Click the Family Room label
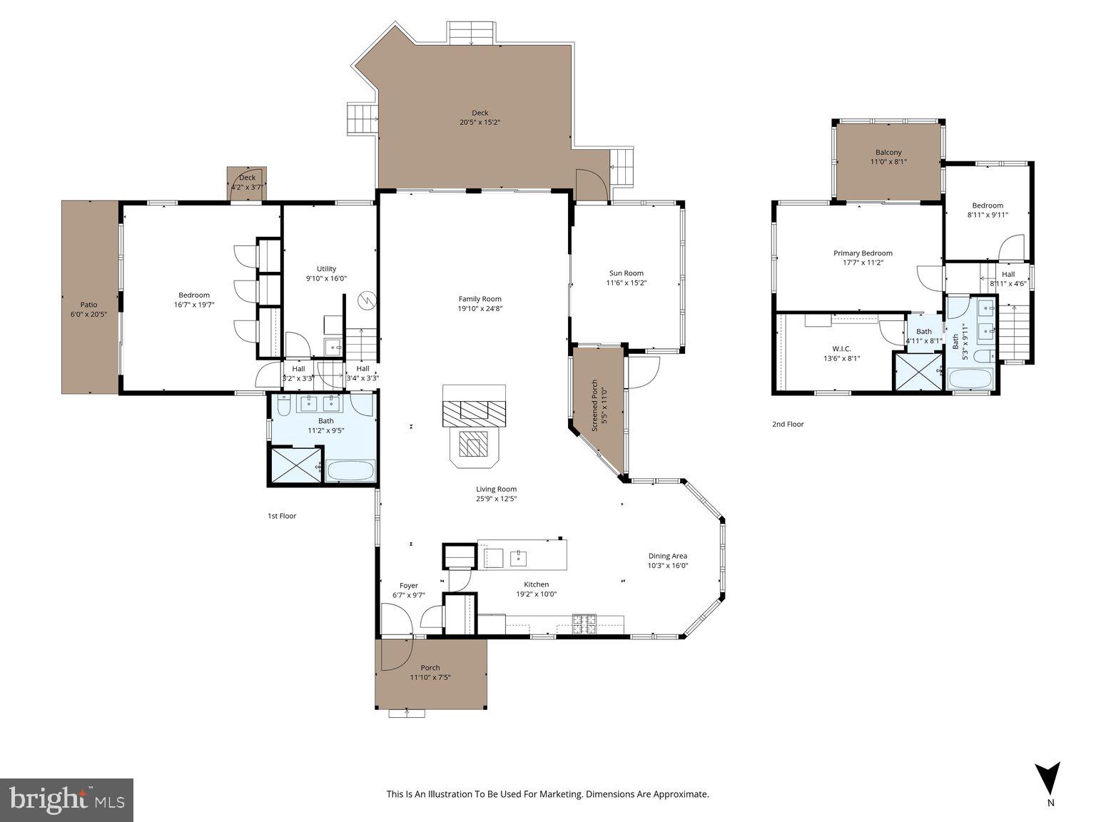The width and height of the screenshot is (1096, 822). click(x=479, y=299)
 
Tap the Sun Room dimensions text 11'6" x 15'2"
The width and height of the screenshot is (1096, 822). click(x=626, y=283)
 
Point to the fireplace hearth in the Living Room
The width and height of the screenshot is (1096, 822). click(x=473, y=447)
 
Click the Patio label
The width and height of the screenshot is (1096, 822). click(x=88, y=305)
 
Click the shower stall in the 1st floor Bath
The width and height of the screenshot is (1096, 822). click(x=295, y=465)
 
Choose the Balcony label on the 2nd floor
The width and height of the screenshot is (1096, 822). click(x=888, y=152)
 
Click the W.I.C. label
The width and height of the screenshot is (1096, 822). click(x=841, y=349)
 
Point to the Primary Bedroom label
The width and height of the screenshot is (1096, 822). click(x=863, y=253)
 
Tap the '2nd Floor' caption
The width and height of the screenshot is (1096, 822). click(x=787, y=424)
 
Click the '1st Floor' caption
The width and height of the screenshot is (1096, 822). click(x=282, y=516)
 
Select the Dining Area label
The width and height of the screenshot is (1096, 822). click(x=667, y=556)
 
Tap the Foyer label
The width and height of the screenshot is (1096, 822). click(x=408, y=586)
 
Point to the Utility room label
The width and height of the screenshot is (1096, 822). click(x=326, y=269)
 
